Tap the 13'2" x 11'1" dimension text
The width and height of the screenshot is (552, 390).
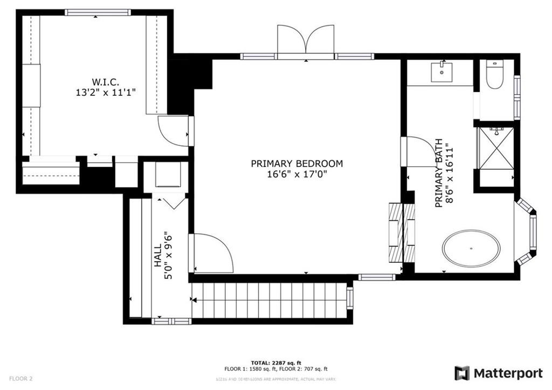pos(106,92)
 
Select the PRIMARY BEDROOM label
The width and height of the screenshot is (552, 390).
pos(296,164)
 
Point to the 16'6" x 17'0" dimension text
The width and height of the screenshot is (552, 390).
pos(296,175)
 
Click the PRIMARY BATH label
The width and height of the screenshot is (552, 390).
pos(439,173)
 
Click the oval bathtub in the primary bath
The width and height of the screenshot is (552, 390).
pos(471,249)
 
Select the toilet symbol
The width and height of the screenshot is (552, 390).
pos(494,74)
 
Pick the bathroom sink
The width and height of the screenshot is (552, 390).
pos(442,72)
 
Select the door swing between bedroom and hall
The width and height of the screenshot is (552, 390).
pos(211,253)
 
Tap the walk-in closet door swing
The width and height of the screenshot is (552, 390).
pos(172,130)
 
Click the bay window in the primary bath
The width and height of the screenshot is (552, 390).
pos(527,232)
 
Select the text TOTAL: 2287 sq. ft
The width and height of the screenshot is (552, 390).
pos(275,363)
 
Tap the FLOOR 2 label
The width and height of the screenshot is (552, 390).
pos(21,379)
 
